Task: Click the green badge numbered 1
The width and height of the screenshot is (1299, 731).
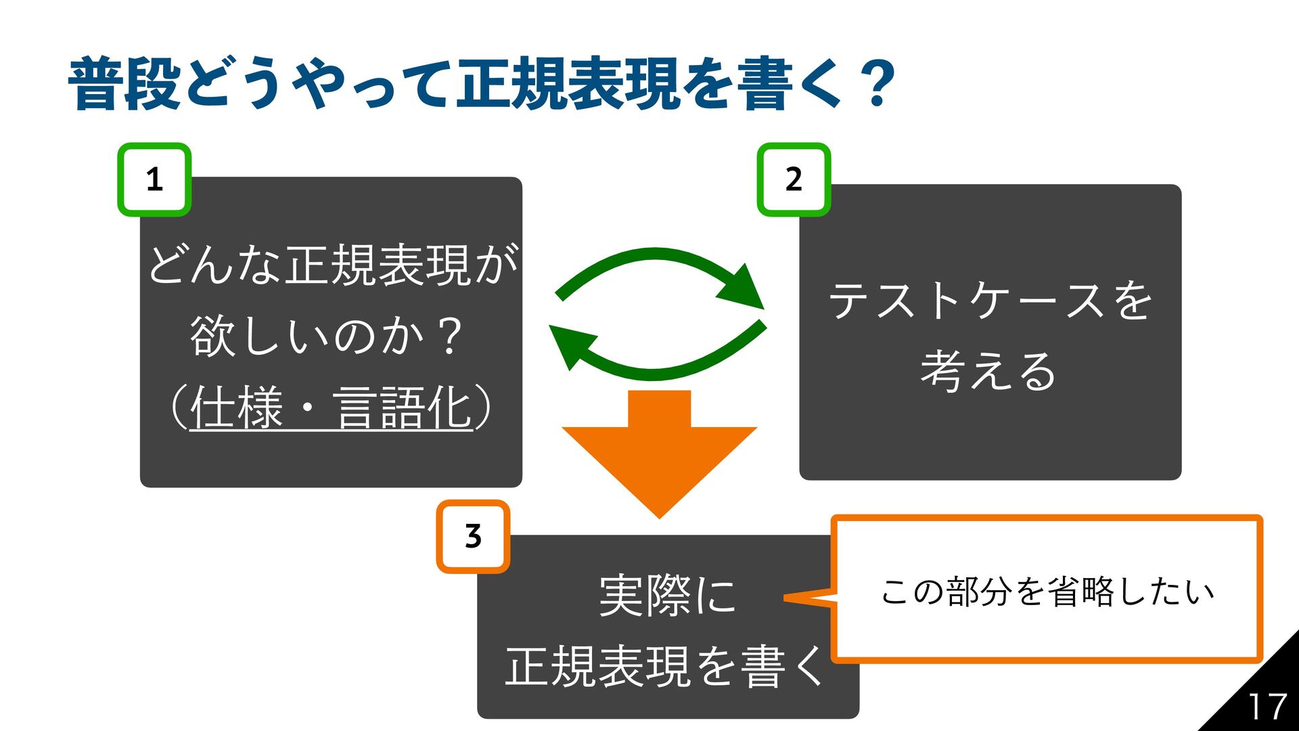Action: click(x=154, y=179)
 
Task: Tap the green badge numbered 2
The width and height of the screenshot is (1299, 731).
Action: click(x=794, y=179)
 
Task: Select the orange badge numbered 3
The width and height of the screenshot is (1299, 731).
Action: click(x=473, y=536)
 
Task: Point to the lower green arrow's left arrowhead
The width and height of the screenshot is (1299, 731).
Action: click(x=570, y=344)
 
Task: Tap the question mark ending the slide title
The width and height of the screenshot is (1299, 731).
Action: click(x=878, y=85)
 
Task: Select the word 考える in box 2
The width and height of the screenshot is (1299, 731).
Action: click(x=988, y=371)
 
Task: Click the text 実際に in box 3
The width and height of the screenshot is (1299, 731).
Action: click(x=667, y=596)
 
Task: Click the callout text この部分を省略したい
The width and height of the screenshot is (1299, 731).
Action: click(x=1047, y=591)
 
